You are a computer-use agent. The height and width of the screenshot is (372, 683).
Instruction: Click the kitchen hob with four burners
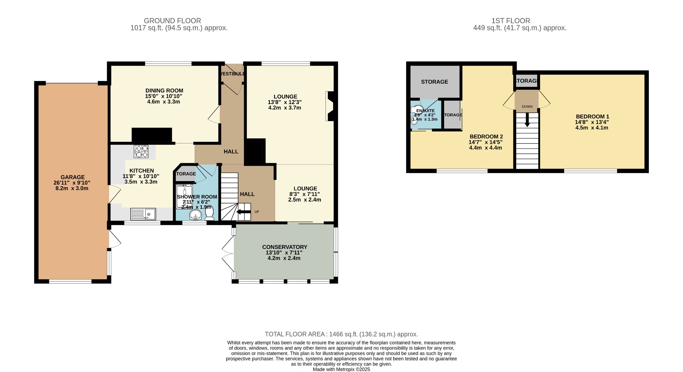tap(141, 151)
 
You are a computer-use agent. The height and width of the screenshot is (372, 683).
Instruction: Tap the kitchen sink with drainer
tap(143, 214)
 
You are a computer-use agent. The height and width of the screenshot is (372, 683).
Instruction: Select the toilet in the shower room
tap(209, 213)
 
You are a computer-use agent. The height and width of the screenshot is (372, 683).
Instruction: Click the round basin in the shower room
tap(195, 215)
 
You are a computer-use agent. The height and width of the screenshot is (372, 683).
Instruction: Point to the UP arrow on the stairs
tap(243, 212)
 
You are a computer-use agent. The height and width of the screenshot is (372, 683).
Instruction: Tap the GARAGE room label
tap(72, 177)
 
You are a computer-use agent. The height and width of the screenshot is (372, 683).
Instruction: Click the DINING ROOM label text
tap(164, 90)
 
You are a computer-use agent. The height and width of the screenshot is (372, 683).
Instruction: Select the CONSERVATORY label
tap(284, 247)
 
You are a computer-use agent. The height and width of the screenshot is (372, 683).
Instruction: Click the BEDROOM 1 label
tap(592, 116)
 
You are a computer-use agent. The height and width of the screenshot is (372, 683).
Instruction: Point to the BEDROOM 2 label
tap(486, 136)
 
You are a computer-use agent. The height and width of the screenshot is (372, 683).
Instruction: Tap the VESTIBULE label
tap(233, 74)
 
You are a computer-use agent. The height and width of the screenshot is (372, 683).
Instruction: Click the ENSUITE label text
tap(426, 110)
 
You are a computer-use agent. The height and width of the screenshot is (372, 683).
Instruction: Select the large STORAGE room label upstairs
tap(434, 82)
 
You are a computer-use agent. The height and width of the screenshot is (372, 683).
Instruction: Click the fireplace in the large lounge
tap(330, 106)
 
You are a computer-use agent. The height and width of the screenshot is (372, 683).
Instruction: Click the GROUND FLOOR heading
tap(172, 21)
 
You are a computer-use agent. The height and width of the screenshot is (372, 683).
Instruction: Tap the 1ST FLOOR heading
tap(511, 21)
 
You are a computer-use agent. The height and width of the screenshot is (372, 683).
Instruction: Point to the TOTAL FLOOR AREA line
tap(341, 334)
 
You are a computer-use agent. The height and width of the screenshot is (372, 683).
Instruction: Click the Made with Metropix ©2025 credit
tap(341, 369)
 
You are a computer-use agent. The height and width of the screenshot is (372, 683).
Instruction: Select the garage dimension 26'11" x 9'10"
tap(72, 183)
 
